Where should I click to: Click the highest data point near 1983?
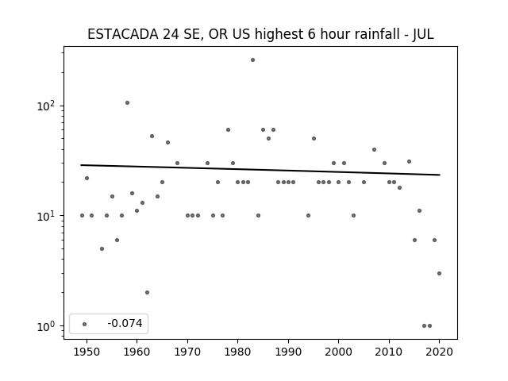point(252,60)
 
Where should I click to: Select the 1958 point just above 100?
point(127,102)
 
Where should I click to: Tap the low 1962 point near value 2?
point(147,293)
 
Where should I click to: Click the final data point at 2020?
point(439,273)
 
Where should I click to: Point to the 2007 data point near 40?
point(374,150)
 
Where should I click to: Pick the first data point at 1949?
point(82,215)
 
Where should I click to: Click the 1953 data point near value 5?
point(102,248)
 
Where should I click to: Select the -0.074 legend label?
point(125,323)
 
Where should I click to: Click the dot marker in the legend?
point(85,324)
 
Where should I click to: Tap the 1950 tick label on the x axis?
point(87,352)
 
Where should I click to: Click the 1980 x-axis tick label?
point(237,352)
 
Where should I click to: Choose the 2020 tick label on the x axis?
point(439,352)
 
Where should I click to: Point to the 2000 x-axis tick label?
point(338,352)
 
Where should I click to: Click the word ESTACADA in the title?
point(123,34)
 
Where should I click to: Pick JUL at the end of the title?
point(423,34)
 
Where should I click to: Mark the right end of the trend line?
point(440,175)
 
